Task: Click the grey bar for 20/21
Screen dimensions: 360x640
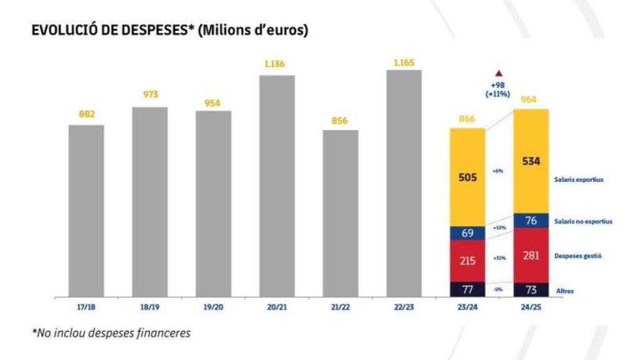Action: coord(277,186)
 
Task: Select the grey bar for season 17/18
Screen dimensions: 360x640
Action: coord(86,210)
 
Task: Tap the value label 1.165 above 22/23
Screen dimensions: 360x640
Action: coord(404,62)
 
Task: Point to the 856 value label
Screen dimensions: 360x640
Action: coord(340,121)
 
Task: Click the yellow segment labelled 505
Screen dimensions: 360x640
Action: coord(467,177)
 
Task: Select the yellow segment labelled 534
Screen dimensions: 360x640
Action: coord(531,161)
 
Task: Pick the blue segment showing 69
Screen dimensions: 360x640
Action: coord(467,233)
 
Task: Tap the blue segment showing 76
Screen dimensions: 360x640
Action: coord(531,221)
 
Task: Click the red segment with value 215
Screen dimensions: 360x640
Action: coord(467,261)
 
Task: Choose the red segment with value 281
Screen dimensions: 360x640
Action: coord(531,255)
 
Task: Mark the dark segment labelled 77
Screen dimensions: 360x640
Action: coord(467,289)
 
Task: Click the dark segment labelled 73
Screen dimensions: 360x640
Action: coord(531,289)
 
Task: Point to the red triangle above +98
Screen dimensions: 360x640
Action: coord(499,73)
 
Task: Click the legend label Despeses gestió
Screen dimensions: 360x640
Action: coord(577,256)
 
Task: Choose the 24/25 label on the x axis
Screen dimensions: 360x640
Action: coord(531,307)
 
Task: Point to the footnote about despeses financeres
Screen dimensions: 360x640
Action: coord(111,333)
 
